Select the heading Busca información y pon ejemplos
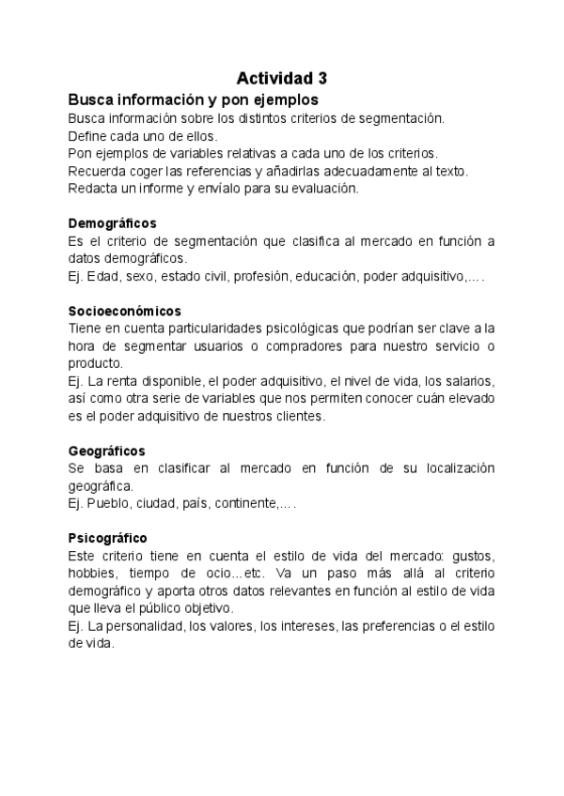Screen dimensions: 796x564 click(x=193, y=99)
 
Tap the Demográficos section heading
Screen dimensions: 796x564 click(x=112, y=223)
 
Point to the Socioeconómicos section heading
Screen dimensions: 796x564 click(x=125, y=310)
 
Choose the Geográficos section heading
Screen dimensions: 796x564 click(x=106, y=451)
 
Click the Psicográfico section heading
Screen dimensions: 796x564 click(x=107, y=538)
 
